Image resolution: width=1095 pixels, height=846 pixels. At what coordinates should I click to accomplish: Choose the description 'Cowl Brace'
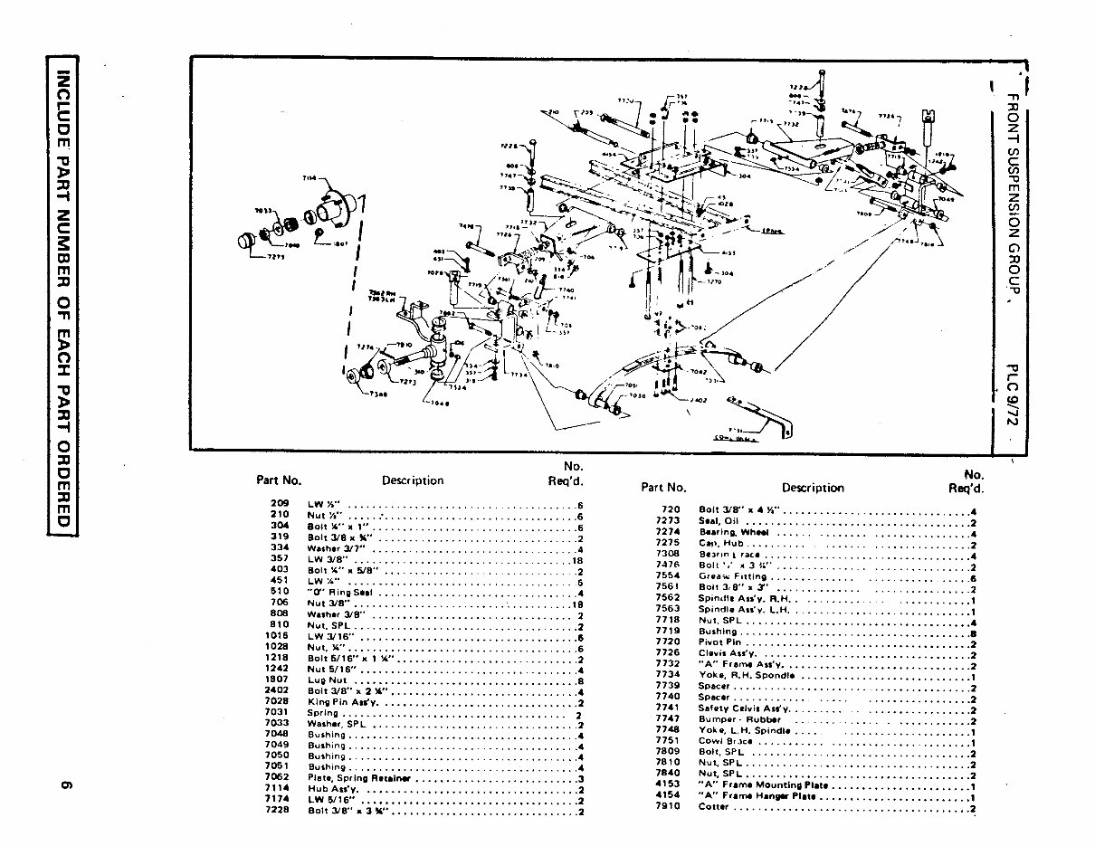point(726,741)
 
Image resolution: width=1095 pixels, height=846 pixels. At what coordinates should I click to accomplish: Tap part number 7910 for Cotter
point(667,807)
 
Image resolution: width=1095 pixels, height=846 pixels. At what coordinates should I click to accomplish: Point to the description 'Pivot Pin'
point(720,642)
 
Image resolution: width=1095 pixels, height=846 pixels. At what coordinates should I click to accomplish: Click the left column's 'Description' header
point(413,481)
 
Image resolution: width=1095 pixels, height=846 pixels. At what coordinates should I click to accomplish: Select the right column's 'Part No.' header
point(664,488)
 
